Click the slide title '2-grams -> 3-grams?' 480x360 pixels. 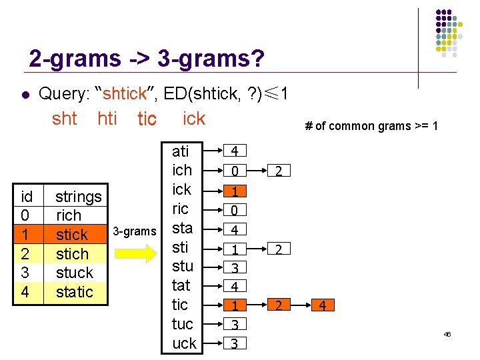pos(147,59)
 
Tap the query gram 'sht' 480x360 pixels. pos(65,119)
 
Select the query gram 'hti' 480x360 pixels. pos(107,119)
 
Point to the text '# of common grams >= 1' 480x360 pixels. pos(371,125)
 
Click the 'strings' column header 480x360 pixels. pos(78,197)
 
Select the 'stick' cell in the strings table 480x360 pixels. pos(72,235)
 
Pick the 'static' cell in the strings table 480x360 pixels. pos(74,292)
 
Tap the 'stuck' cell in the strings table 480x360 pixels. pos(74,273)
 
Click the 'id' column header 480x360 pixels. pos(27,197)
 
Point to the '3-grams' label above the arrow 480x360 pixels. pos(134,231)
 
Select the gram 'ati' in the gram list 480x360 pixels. pos(181,151)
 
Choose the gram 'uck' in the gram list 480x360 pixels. pos(184,343)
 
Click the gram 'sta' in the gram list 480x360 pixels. pos(182,228)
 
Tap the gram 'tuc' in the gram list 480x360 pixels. pos(183,324)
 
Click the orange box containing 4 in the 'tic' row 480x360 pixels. pos(322,306)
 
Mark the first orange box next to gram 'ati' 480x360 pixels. pos(235,152)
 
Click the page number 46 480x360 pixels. pos(447,334)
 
